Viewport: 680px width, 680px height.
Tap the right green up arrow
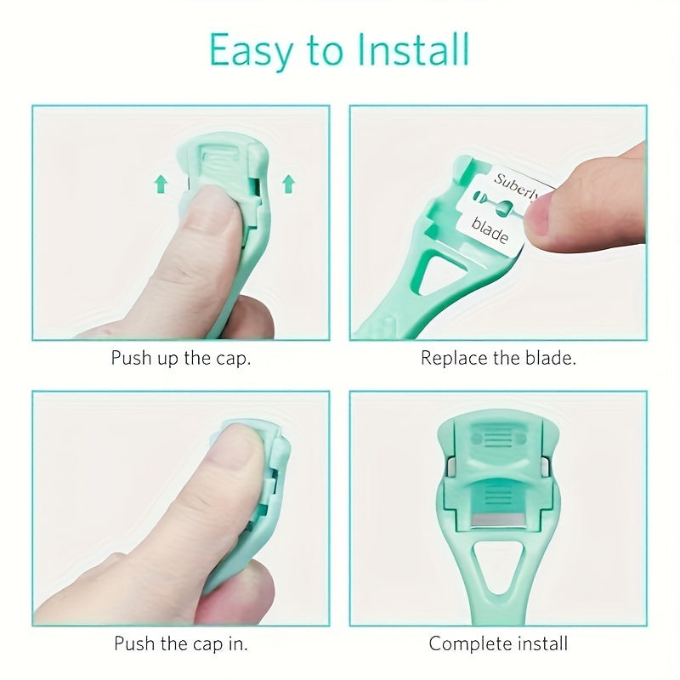click(287, 181)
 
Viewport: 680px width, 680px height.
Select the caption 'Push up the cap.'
click(181, 357)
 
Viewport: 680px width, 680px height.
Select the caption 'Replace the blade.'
click(499, 357)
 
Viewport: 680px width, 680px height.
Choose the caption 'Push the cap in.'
click(181, 643)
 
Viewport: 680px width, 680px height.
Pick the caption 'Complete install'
click(499, 643)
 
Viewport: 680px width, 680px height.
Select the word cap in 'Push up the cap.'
click(235, 358)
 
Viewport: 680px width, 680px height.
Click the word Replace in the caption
click(454, 358)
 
